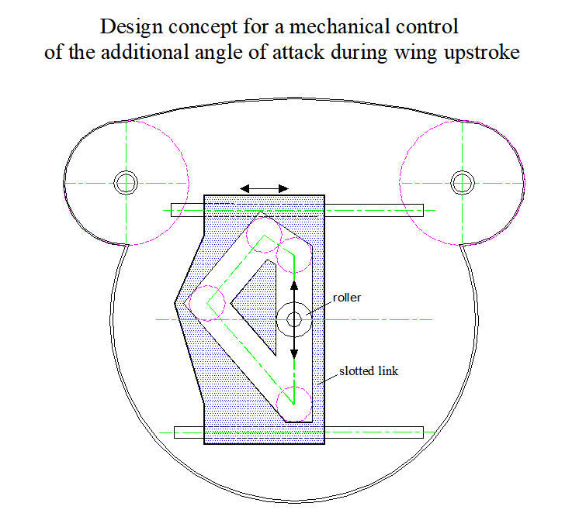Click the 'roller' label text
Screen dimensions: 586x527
coord(347,298)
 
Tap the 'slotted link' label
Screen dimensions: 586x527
coord(369,371)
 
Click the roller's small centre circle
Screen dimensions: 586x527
coord(294,319)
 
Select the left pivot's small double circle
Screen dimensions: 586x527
coord(126,183)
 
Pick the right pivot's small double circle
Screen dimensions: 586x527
coord(463,183)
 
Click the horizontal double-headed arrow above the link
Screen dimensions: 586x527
coord(264,188)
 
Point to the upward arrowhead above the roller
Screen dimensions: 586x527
coord(294,285)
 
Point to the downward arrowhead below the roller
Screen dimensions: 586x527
coord(294,354)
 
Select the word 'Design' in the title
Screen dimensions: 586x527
coord(131,28)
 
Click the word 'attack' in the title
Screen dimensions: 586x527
coord(298,51)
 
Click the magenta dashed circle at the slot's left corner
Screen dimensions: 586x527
coord(207,303)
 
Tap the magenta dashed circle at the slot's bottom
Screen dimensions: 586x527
coord(293,404)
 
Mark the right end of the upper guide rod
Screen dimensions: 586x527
coord(423,210)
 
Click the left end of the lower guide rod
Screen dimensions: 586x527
coord(175,432)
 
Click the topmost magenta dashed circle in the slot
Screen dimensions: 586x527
coord(264,235)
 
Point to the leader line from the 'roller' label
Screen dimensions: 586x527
coord(319,308)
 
